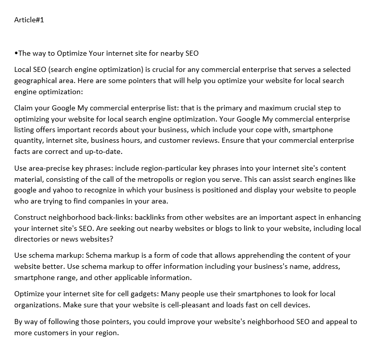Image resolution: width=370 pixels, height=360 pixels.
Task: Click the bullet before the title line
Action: [x=16, y=53]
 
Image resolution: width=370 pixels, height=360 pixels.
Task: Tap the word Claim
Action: [x=24, y=108]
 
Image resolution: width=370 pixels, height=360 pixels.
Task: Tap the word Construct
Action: [x=31, y=217]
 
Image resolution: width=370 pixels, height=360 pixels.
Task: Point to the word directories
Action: [x=33, y=239]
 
